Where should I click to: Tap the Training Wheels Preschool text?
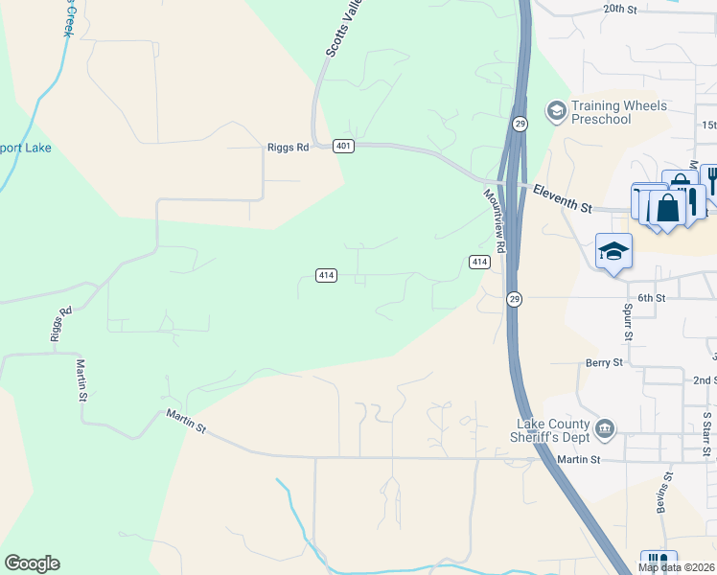tap(601, 112)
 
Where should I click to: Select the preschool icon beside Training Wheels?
tap(555, 111)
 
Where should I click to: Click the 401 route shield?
tap(344, 146)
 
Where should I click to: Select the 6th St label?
tap(652, 298)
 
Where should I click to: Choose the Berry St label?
tap(604, 363)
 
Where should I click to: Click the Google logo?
tap(32, 563)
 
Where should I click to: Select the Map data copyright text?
tap(677, 567)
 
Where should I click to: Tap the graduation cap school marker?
tap(613, 252)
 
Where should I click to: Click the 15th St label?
tap(708, 126)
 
